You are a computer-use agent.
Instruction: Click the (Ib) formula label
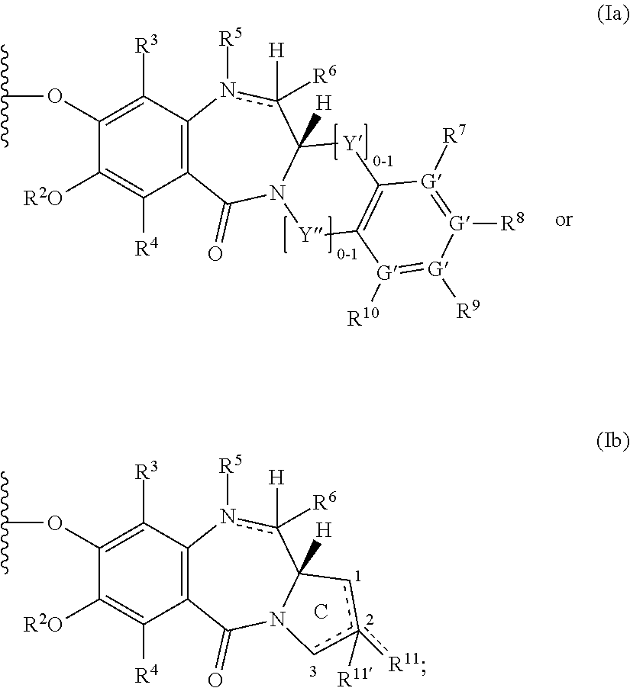612,441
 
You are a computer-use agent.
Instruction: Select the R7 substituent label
456,135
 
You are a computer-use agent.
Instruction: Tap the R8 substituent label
512,222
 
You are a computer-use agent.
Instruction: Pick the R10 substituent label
363,315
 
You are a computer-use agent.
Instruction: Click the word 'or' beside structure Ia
564,220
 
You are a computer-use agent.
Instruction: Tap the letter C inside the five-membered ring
321,611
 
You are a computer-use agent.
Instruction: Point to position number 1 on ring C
358,577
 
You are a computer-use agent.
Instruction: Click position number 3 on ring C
313,671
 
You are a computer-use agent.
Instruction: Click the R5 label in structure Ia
230,40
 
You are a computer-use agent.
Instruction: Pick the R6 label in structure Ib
325,503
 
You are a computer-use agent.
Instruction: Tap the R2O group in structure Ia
43,198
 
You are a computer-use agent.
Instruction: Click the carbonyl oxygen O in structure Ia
215,253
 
